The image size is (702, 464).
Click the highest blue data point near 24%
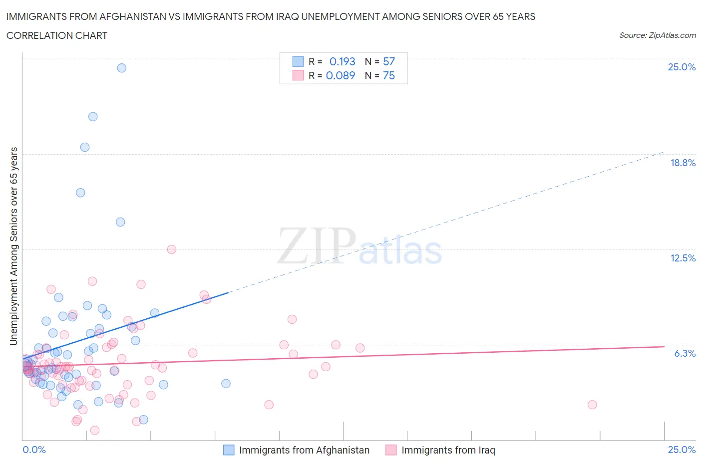(x=121, y=68)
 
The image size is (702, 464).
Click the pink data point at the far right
(x=592, y=405)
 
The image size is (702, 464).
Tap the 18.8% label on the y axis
(x=683, y=163)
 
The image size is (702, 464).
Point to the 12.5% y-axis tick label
(x=683, y=258)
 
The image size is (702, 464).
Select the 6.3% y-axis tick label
(x=685, y=353)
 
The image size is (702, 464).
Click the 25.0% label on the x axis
(x=682, y=450)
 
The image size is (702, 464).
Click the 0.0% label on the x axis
(x=34, y=450)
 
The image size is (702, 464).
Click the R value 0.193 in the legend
(x=342, y=61)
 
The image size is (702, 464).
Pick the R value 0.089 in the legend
(x=340, y=75)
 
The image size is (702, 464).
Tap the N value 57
(x=388, y=61)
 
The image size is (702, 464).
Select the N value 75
(x=388, y=75)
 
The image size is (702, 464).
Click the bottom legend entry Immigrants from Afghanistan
(x=304, y=450)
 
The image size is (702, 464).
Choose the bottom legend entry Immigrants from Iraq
(x=448, y=450)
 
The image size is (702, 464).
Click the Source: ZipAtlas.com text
(x=657, y=35)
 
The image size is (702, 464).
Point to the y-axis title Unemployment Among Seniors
(x=14, y=246)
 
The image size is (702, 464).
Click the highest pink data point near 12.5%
(x=171, y=249)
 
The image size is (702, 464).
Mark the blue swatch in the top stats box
(x=298, y=61)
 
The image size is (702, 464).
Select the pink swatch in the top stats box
(x=298, y=75)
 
